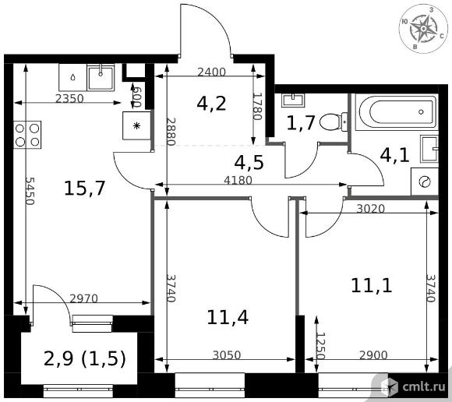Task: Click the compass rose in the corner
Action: click(423, 29)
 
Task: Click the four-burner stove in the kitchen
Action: click(27, 135)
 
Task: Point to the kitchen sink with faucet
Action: click(101, 78)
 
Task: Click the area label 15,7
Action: click(85, 189)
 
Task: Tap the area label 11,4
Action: click(228, 318)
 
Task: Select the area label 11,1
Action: click(371, 286)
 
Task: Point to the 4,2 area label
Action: click(211, 104)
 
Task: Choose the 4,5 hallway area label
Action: click(249, 163)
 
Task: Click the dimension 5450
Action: click(30, 191)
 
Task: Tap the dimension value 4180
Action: click(238, 181)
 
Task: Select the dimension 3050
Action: click(227, 355)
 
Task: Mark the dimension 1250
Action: click(320, 346)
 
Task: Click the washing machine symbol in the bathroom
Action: click(424, 182)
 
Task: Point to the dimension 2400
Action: click(211, 72)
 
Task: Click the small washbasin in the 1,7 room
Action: click(293, 100)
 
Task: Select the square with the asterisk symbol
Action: click(136, 125)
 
